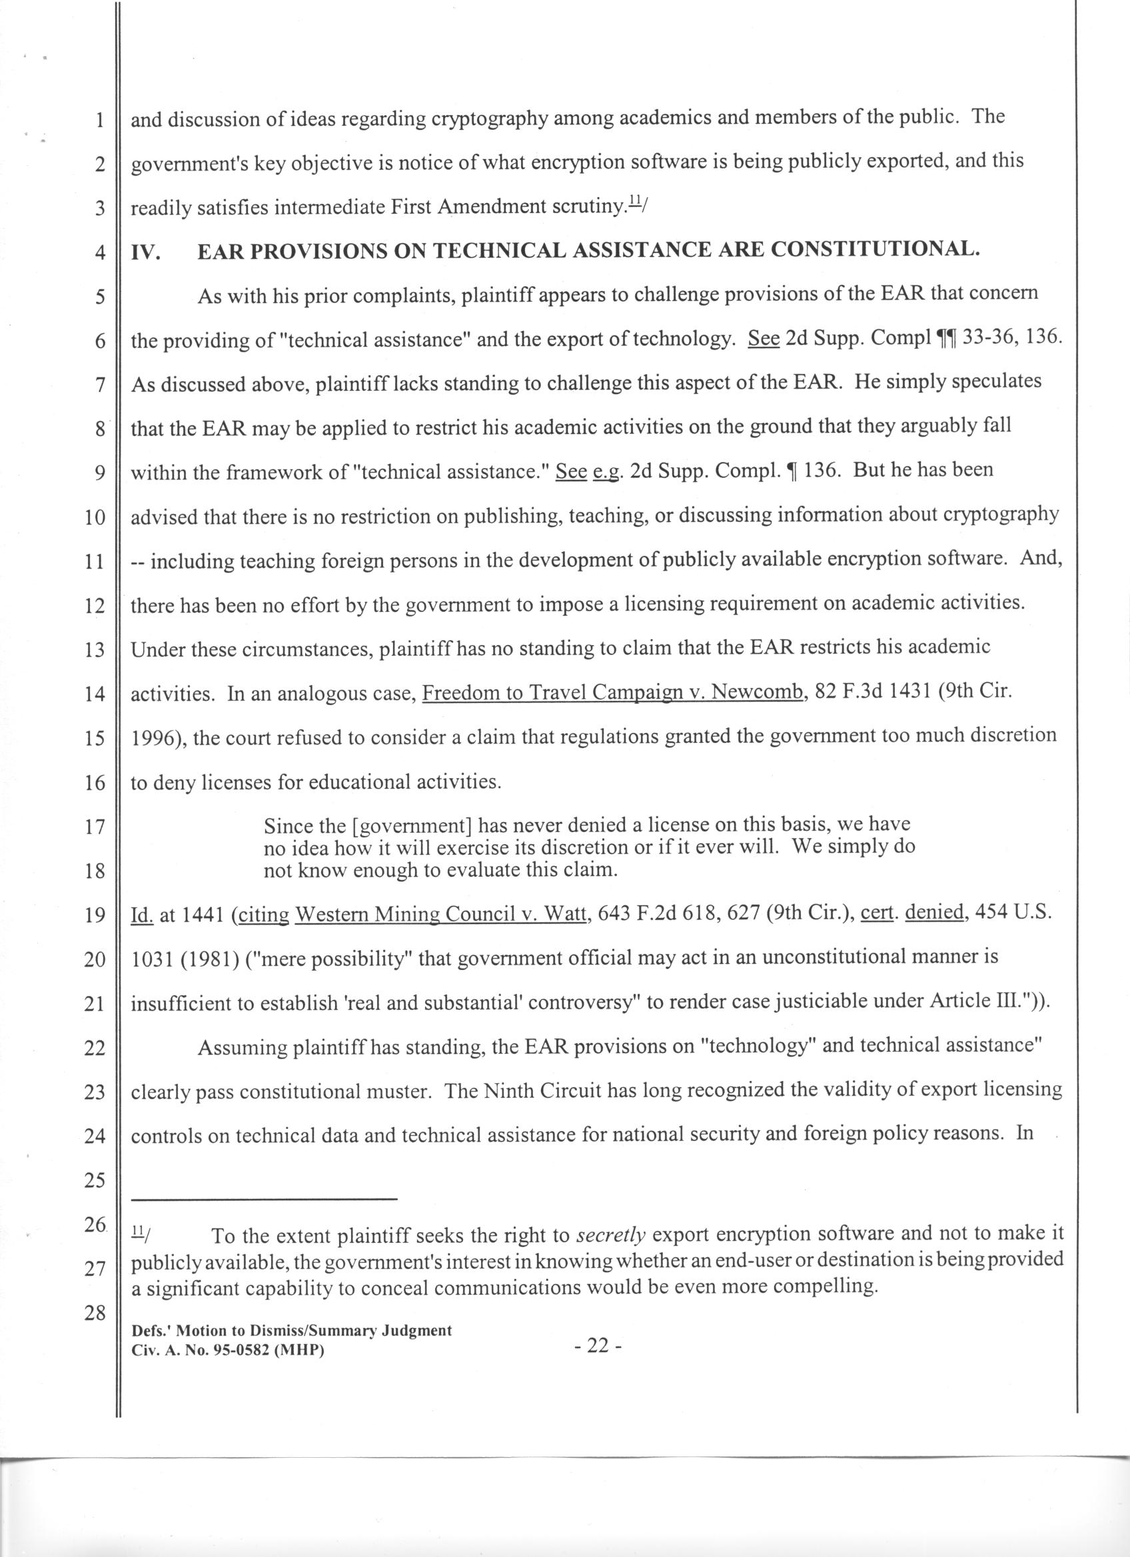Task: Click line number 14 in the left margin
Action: [x=93, y=694]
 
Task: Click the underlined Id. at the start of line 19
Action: [x=142, y=915]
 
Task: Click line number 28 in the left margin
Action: [x=94, y=1313]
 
